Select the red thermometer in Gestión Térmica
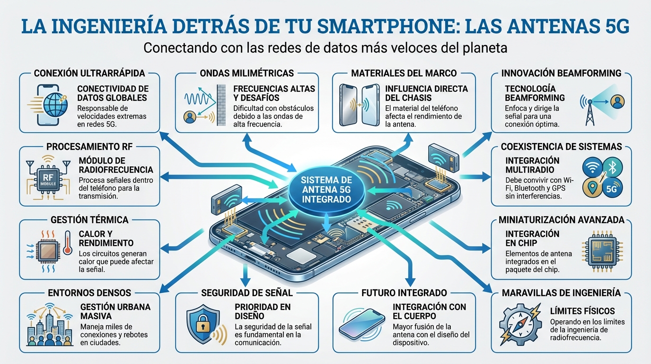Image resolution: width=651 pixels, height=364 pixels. pos(68,243)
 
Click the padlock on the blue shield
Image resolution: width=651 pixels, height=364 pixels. pos(203,323)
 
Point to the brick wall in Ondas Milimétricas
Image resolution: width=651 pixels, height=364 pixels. pos(221,105)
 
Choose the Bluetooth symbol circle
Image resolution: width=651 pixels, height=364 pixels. pos(612,167)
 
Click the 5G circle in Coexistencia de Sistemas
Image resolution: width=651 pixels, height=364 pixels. pos(612,189)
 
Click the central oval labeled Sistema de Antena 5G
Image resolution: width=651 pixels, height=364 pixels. pos(326,190)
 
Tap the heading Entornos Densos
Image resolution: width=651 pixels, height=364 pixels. pos(89,293)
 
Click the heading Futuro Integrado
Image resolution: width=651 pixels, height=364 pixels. pos(404,293)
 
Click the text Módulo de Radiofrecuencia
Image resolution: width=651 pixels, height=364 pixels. pos(116,165)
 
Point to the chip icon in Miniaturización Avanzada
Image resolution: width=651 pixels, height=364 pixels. pos(602,251)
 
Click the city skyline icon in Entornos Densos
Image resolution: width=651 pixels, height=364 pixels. pos(49,326)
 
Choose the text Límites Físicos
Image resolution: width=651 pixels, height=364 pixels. pos(582,311)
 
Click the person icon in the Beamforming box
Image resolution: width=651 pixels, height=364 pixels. pos(617,102)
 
